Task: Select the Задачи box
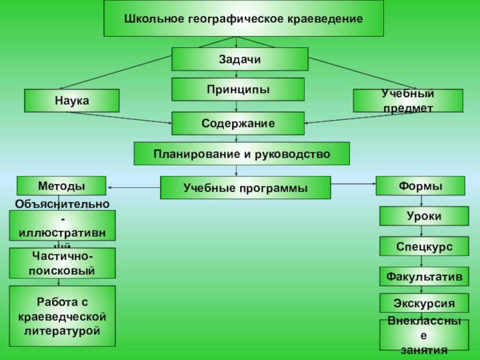(240, 59)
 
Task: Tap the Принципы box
(238, 89)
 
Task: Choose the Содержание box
(238, 124)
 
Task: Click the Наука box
(72, 101)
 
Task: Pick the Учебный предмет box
(408, 101)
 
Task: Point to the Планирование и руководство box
(241, 154)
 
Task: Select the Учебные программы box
(245, 188)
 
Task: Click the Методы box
(61, 186)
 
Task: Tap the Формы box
(420, 186)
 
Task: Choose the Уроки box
(424, 216)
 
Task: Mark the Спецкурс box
(424, 247)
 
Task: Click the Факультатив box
(424, 277)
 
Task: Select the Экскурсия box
(424, 303)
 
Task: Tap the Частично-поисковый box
(62, 264)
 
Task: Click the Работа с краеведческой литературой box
(62, 316)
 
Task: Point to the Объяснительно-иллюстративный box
(62, 226)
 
